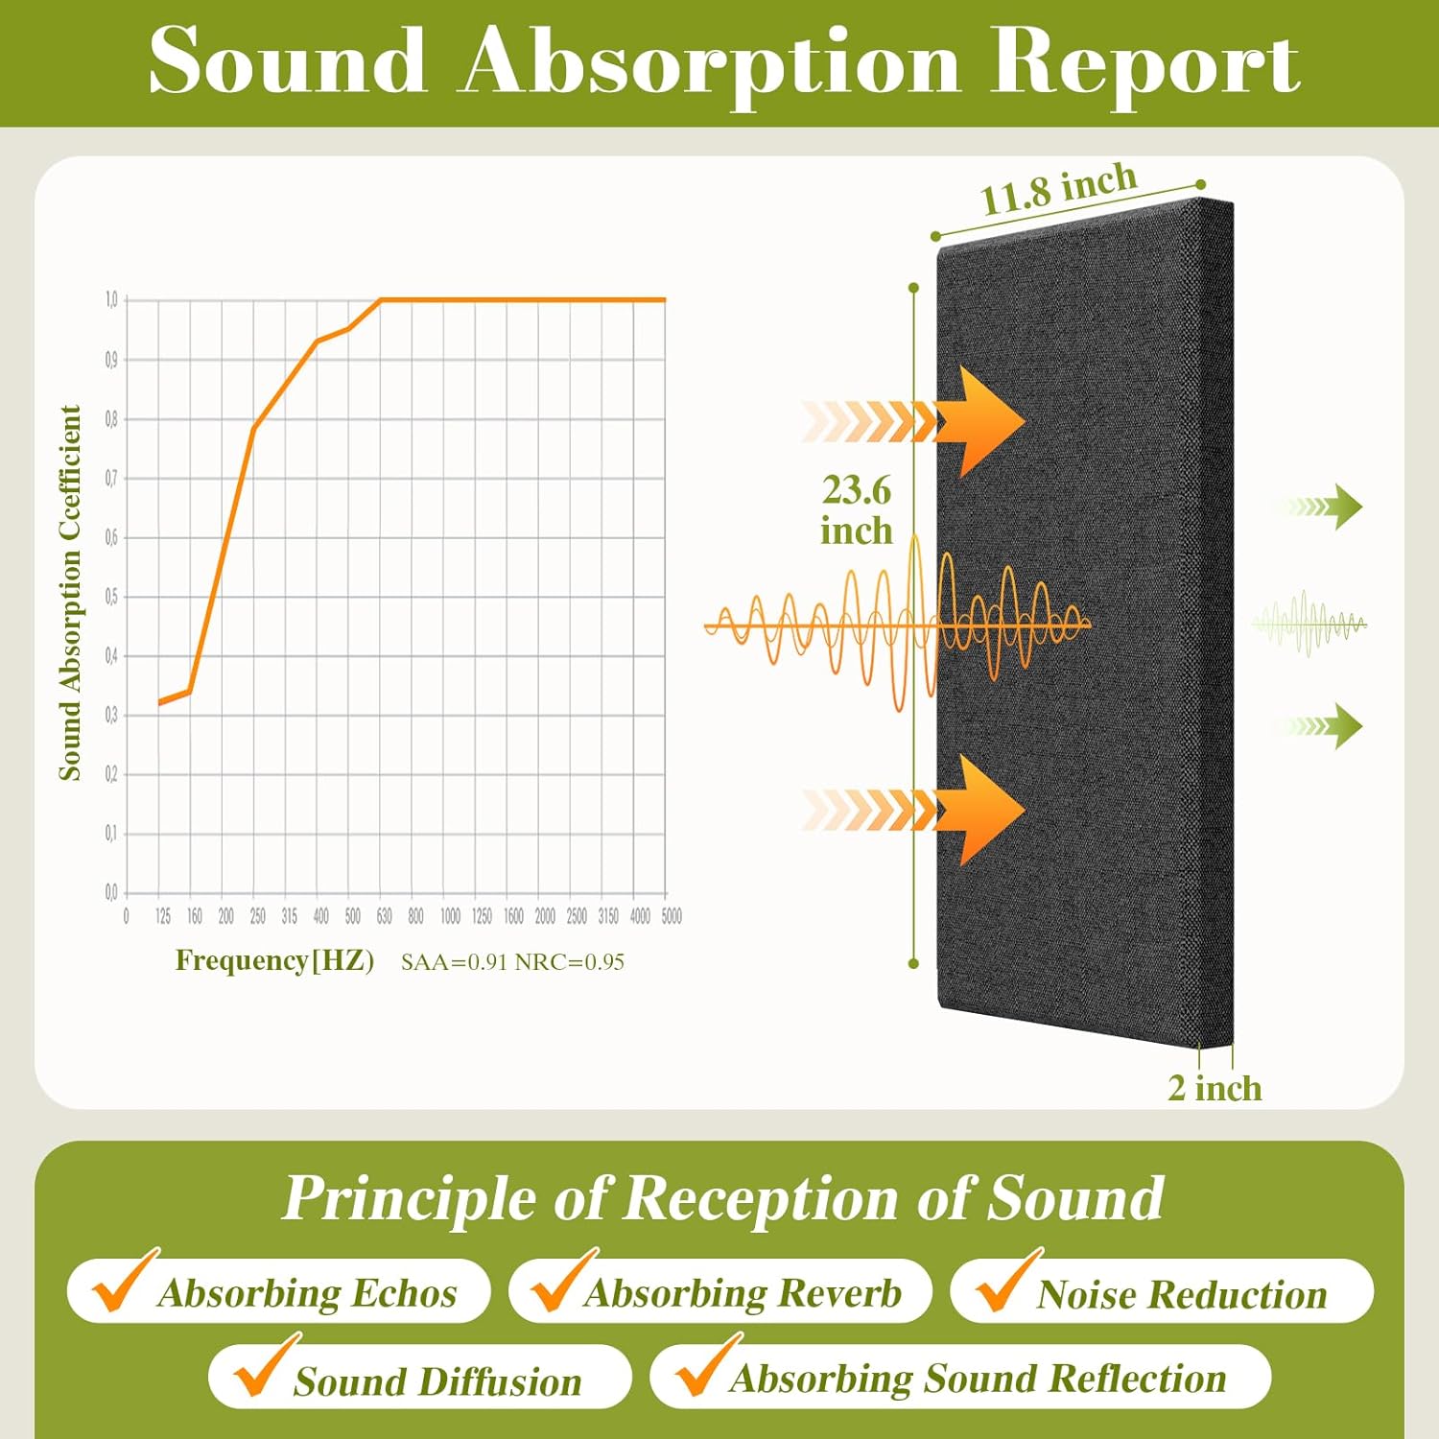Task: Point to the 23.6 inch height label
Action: (856, 509)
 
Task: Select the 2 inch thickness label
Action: (1215, 1089)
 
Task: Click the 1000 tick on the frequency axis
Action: (450, 917)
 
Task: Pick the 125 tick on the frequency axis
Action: (163, 917)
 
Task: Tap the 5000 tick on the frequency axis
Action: (672, 917)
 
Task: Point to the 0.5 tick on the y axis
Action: (111, 597)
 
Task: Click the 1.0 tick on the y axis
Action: (111, 300)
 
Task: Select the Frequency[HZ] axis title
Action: (274, 960)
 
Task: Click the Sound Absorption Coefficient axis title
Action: (70, 592)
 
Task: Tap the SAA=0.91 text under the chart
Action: (454, 962)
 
